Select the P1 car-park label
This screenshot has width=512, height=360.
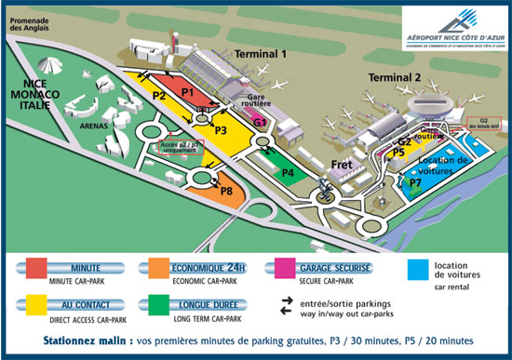pyautogui.click(x=187, y=92)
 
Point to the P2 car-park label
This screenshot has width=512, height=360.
pyautogui.click(x=159, y=96)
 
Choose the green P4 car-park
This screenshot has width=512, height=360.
pyautogui.click(x=289, y=172)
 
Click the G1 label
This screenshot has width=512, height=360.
pyautogui.click(x=261, y=123)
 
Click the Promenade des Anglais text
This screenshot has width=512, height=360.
pyautogui.click(x=33, y=25)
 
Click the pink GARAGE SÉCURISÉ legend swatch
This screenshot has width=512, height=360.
pyautogui.click(x=288, y=272)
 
